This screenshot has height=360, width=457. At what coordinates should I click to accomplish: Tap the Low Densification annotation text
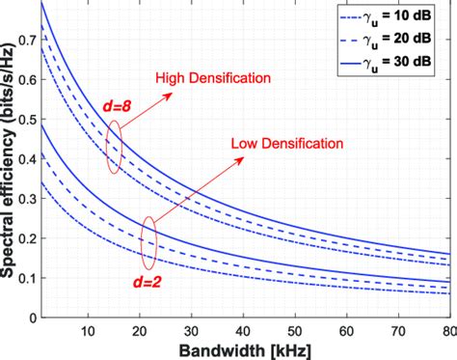click(286, 145)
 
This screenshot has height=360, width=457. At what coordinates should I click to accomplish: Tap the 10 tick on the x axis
click(87, 328)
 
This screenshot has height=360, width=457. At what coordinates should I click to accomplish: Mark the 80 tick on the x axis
click(447, 328)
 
